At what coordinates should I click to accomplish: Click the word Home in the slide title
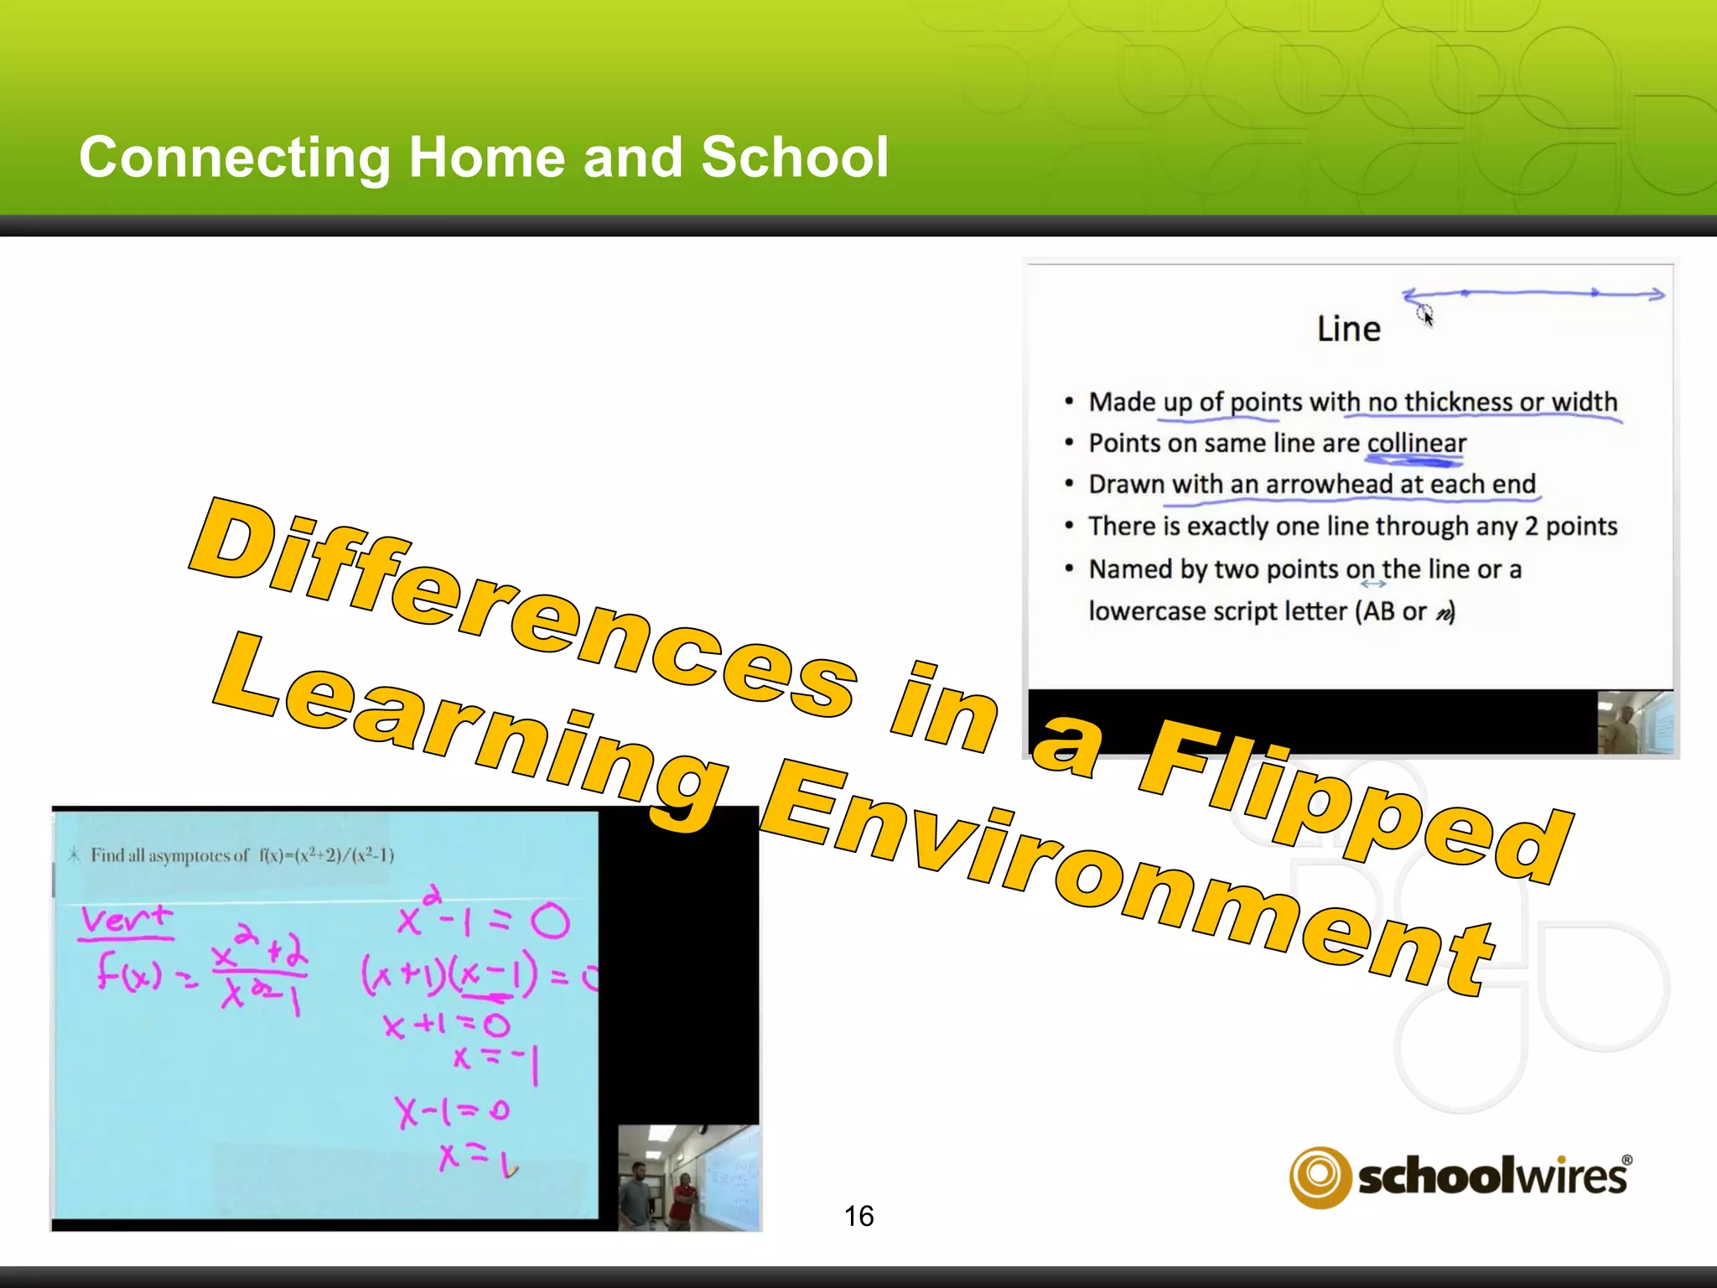click(x=486, y=158)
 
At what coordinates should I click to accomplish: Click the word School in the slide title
click(x=794, y=158)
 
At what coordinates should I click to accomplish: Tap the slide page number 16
click(x=858, y=1216)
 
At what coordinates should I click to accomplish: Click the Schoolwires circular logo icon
click(x=1320, y=1176)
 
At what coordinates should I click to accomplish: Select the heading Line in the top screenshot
click(x=1348, y=329)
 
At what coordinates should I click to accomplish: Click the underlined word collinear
click(x=1416, y=443)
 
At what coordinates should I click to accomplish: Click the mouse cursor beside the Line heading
click(x=1425, y=315)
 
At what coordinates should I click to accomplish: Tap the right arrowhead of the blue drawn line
click(x=1656, y=293)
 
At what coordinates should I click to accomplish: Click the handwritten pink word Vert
click(x=126, y=920)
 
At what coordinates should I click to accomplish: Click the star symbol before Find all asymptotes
click(x=74, y=855)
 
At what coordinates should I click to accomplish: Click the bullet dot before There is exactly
click(x=1069, y=526)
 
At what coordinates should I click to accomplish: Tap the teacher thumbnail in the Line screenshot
click(x=1635, y=723)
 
